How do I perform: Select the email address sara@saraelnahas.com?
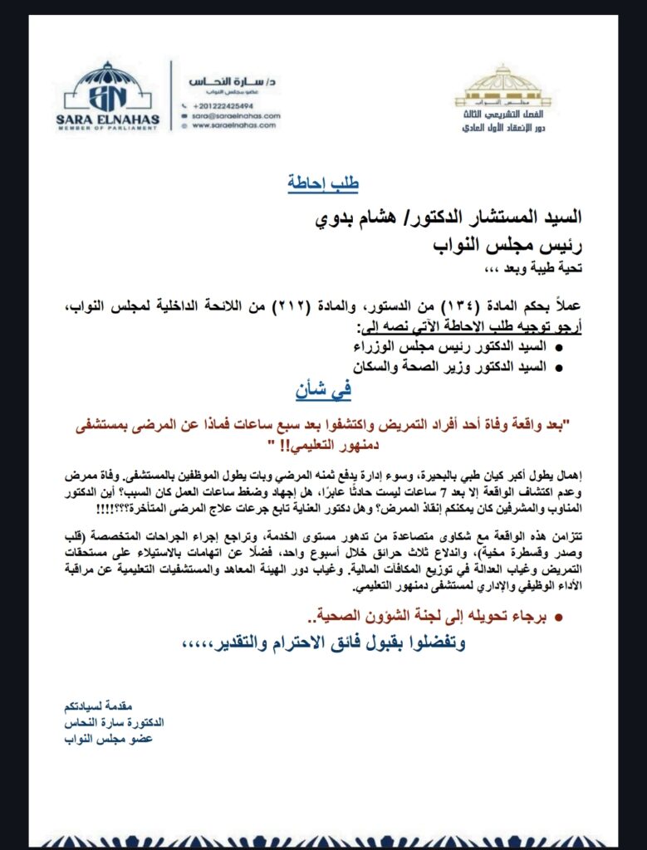coord(236,116)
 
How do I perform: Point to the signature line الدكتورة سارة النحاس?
coord(114,722)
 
